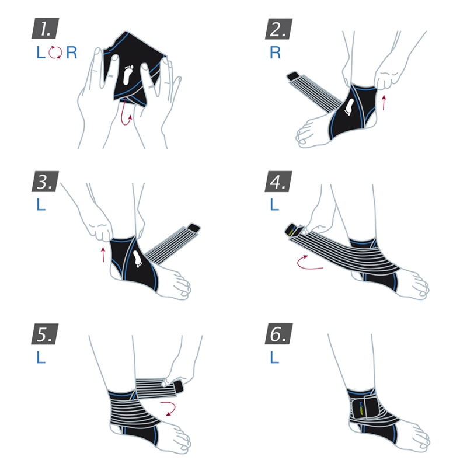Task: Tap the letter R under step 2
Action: coord(275,53)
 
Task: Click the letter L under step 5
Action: coord(41,357)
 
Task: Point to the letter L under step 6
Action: coord(274,357)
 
